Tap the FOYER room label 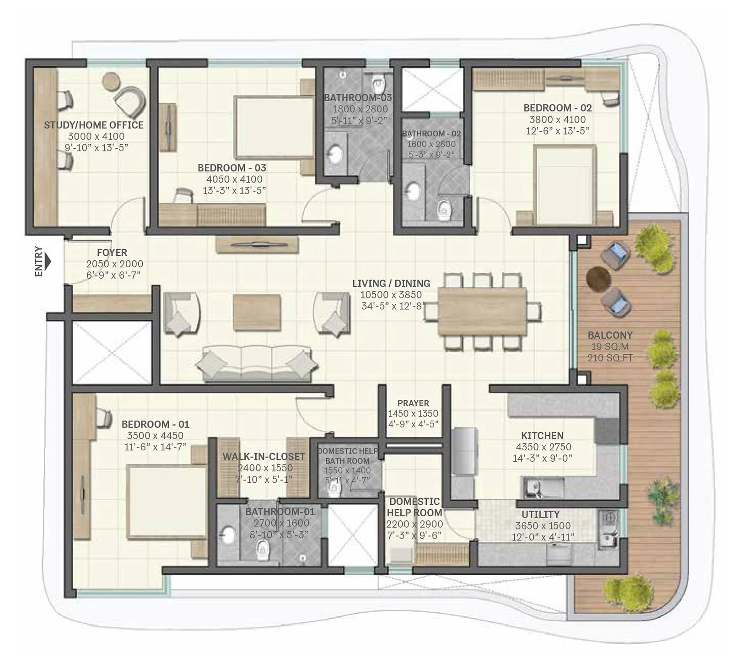(112, 253)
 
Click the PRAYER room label (413, 403)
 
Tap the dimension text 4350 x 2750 (543, 447)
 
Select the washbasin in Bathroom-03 (336, 154)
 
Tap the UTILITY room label (540, 514)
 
